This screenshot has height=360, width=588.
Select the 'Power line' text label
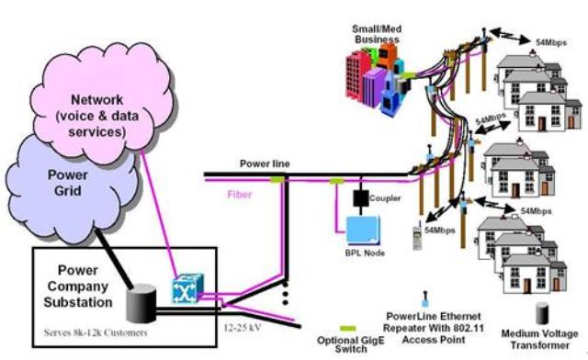pyautogui.click(x=265, y=163)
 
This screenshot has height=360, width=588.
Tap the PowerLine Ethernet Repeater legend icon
pyautogui.click(x=425, y=300)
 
